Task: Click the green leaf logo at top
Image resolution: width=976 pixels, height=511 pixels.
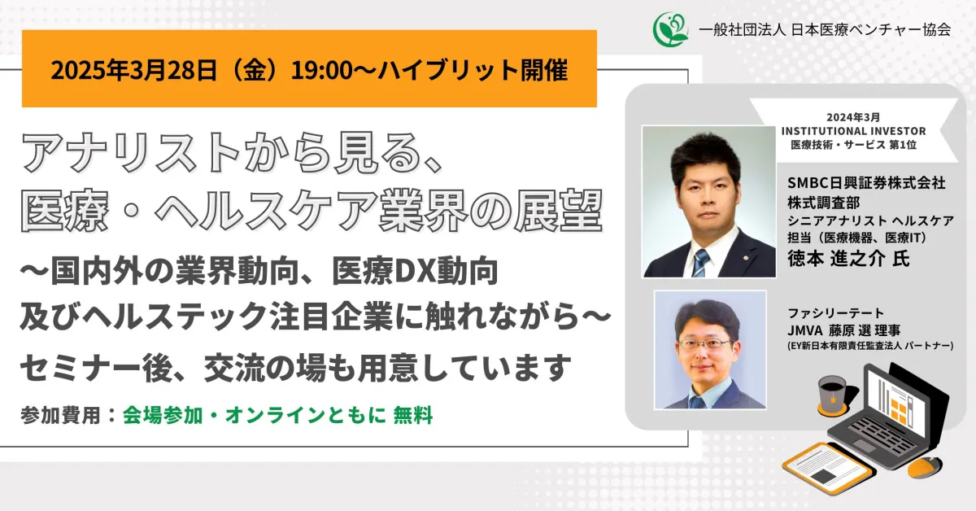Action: tap(670, 29)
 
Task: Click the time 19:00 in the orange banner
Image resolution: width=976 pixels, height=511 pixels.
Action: tap(321, 70)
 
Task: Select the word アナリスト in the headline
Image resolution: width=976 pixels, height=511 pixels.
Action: tap(130, 153)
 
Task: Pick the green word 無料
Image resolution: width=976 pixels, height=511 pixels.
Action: tap(413, 415)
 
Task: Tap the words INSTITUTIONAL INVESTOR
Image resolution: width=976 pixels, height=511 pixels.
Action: tap(853, 131)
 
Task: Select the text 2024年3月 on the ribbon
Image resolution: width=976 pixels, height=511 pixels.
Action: tap(853, 117)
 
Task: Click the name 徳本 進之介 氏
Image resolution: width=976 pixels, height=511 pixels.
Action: tap(848, 259)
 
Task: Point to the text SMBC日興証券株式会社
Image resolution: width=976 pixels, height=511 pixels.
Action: tap(866, 183)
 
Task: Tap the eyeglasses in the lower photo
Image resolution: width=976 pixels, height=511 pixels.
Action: tap(704, 344)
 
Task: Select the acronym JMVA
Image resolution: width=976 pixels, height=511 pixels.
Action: tap(804, 330)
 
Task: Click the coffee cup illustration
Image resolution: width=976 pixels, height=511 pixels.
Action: tap(833, 395)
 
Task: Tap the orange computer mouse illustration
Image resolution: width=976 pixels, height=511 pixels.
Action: tap(925, 467)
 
